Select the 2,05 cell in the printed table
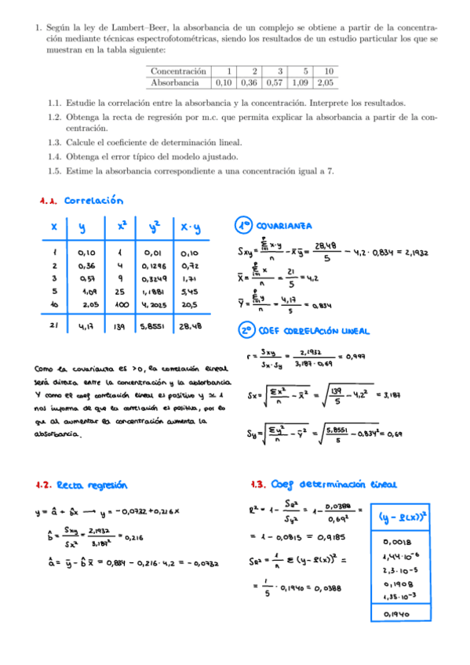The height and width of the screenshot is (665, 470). point(326,82)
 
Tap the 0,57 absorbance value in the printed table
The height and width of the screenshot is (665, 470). point(275,82)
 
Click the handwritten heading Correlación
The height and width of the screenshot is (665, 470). point(94,201)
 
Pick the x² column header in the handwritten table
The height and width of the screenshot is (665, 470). point(122,227)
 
